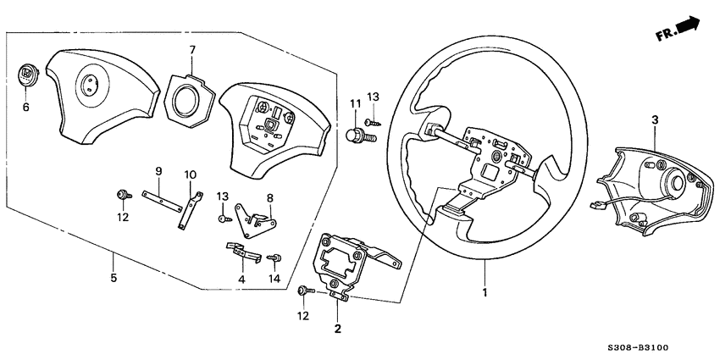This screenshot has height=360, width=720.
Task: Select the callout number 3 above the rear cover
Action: coord(654,121)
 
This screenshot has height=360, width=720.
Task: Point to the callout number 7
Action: coord(192,49)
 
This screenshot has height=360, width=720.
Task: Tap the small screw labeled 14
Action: coord(274,258)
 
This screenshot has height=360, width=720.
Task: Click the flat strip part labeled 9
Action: coord(160,201)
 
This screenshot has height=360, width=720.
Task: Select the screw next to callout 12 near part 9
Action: coord(125,196)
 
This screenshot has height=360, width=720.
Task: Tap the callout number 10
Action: coord(191,174)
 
